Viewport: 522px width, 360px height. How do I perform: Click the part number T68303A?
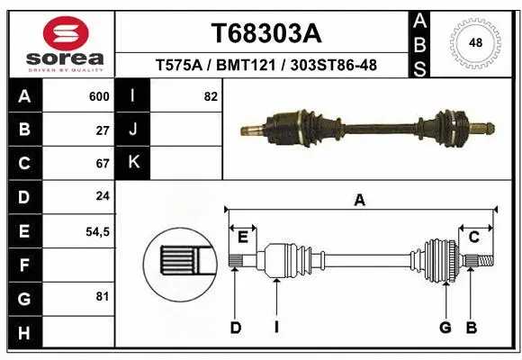(265, 34)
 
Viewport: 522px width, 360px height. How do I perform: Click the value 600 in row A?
(99, 96)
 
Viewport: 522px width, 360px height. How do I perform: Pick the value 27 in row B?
(103, 130)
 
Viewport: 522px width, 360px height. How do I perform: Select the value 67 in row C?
(103, 164)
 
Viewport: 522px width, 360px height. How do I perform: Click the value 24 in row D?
(103, 197)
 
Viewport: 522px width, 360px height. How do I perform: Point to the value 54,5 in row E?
(97, 231)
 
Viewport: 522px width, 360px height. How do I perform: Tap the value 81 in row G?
(103, 296)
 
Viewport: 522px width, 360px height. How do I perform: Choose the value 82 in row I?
(211, 96)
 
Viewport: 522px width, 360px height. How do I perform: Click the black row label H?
(23, 334)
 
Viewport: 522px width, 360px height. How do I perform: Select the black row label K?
(133, 163)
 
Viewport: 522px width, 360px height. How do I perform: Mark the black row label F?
(23, 265)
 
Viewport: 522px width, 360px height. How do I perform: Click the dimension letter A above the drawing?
(360, 201)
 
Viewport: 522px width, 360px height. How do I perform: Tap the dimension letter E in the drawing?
(242, 237)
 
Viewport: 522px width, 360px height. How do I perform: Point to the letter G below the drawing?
(445, 328)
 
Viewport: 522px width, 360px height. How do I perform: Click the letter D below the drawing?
(236, 328)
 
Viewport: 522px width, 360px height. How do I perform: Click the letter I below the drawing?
(277, 328)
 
